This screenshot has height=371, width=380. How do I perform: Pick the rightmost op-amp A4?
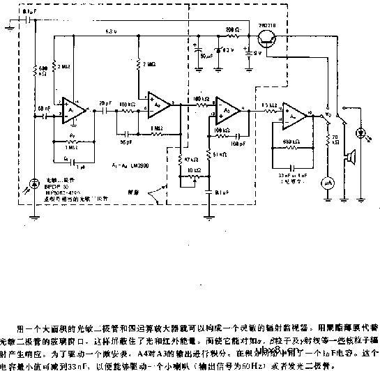point(296,112)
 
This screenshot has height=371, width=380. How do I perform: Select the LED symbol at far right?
point(362,132)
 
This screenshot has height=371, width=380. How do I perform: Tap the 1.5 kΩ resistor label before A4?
point(266,105)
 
